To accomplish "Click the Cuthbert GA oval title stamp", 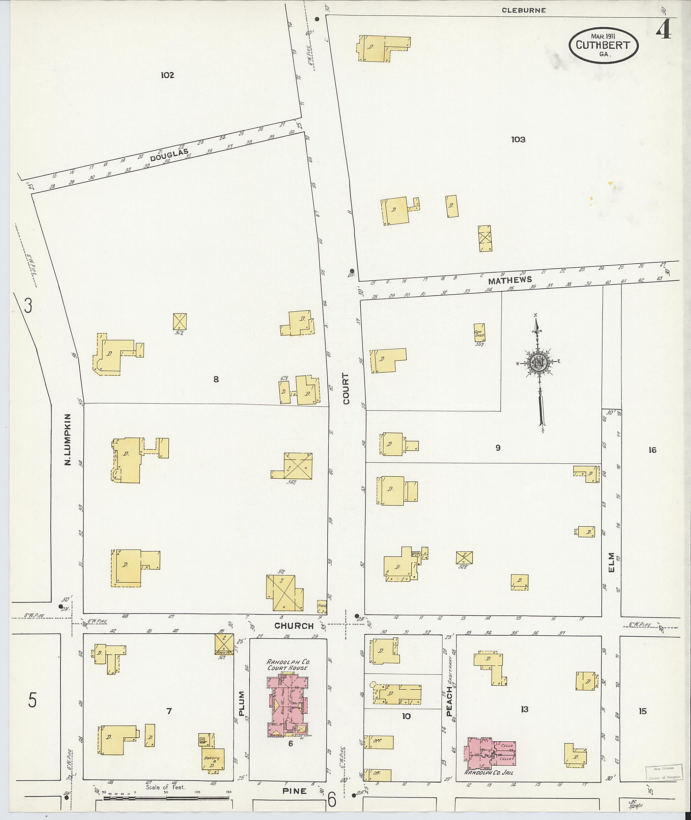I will click(603, 46).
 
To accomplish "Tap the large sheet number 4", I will click(665, 30).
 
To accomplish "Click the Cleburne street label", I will click(524, 10).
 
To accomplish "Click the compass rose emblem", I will click(540, 363).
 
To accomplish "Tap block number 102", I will click(167, 75).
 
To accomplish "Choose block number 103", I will click(518, 139).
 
